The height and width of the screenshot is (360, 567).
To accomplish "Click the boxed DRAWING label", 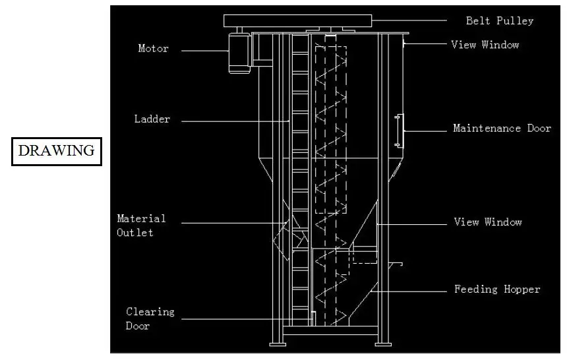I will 56,151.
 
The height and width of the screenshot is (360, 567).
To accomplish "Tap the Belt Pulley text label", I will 499,20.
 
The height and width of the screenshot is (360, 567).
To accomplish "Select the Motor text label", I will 153,48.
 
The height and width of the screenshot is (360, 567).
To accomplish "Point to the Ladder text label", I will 152,119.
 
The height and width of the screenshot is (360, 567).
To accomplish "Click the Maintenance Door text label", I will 502,129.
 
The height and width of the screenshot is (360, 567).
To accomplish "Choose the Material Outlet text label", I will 141,225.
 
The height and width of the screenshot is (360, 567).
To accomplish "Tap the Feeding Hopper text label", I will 497,289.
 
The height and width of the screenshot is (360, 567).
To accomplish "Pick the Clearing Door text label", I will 150,318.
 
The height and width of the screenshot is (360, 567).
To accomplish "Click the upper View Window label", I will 485,45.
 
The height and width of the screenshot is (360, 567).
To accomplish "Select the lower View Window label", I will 487,222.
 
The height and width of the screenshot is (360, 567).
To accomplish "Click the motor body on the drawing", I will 238,53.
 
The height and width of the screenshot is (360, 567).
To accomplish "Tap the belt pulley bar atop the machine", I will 297,20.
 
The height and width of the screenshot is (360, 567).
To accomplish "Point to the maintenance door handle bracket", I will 399,130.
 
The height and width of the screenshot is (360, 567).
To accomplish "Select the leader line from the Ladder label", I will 235,121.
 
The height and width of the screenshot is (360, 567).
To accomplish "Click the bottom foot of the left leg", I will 277,343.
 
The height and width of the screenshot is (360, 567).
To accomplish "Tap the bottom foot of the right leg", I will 384,343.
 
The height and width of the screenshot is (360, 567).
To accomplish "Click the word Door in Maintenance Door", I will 538,129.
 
